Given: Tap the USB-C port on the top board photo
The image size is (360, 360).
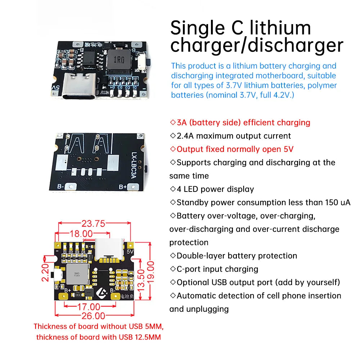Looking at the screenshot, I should (x=79, y=89).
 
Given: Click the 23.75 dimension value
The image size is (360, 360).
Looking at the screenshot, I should (x=93, y=224).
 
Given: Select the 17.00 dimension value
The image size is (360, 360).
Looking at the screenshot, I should (x=89, y=307).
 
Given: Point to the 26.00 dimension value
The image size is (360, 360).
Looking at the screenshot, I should (x=93, y=316).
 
